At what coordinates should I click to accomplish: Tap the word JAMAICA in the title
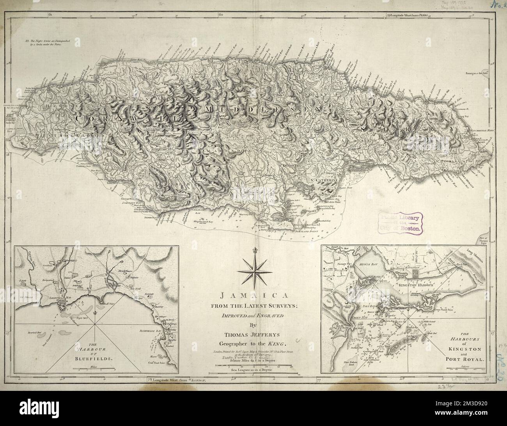pyautogui.click(x=254, y=296)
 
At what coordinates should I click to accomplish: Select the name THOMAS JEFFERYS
pyautogui.click(x=254, y=334)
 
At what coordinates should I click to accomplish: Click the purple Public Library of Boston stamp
pyautogui.click(x=401, y=224)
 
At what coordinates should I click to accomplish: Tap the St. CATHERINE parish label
pyautogui.click(x=323, y=181)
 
